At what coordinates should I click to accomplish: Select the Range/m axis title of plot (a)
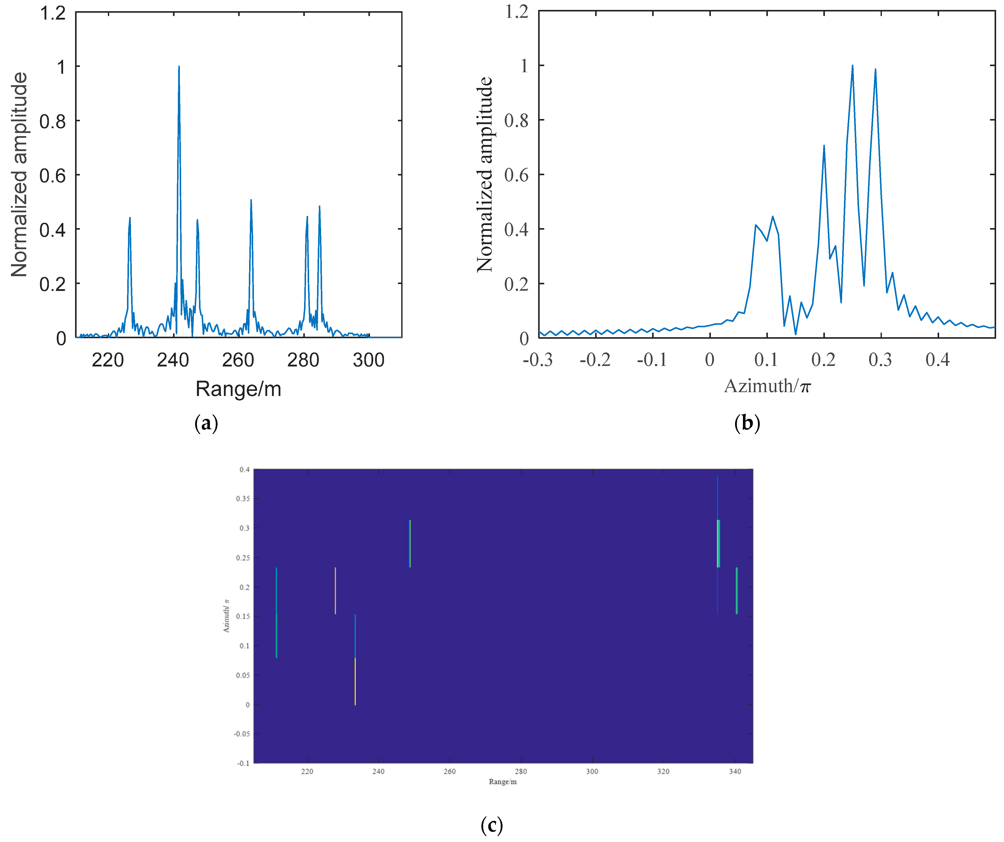click(x=238, y=389)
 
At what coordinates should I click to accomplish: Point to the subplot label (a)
click(x=206, y=423)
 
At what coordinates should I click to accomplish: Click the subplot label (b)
click(x=747, y=423)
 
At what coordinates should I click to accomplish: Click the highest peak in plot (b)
click(x=852, y=66)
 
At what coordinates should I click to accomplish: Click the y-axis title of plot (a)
click(x=19, y=174)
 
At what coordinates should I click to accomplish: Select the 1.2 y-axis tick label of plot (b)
click(x=517, y=11)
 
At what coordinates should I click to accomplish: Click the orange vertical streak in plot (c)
click(x=335, y=591)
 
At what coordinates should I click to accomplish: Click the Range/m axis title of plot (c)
click(x=503, y=782)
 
